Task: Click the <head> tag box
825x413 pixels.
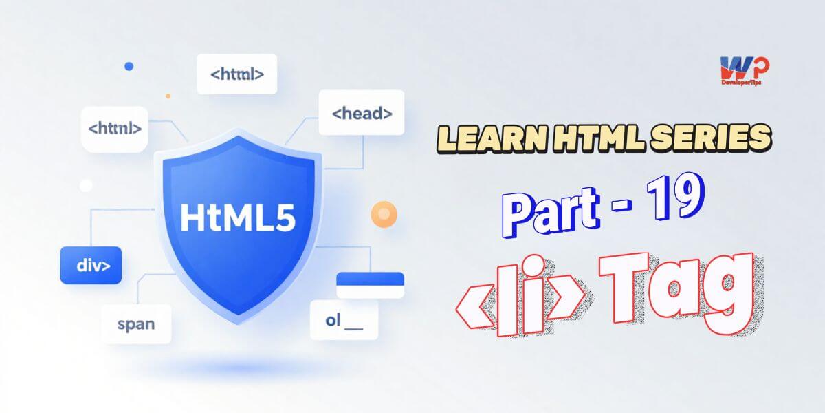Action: pyautogui.click(x=362, y=112)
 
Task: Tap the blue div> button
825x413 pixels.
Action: pyautogui.click(x=91, y=265)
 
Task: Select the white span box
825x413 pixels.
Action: pyautogui.click(x=136, y=324)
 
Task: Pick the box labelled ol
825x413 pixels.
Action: pyautogui.click(x=344, y=320)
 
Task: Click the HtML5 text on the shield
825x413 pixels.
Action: pyautogui.click(x=238, y=218)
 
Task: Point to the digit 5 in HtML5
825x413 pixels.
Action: pyautogui.click(x=285, y=218)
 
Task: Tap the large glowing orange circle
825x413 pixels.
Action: pyautogui.click(x=384, y=214)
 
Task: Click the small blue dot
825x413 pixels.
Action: pyautogui.click(x=129, y=66)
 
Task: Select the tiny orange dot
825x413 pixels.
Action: pyautogui.click(x=168, y=96)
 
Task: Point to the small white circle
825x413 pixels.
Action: pyautogui.click(x=86, y=185)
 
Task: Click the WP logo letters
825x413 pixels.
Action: pyautogui.click(x=745, y=68)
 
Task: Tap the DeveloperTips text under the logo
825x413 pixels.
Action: pyautogui.click(x=741, y=83)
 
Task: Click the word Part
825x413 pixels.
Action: pyautogui.click(x=550, y=213)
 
